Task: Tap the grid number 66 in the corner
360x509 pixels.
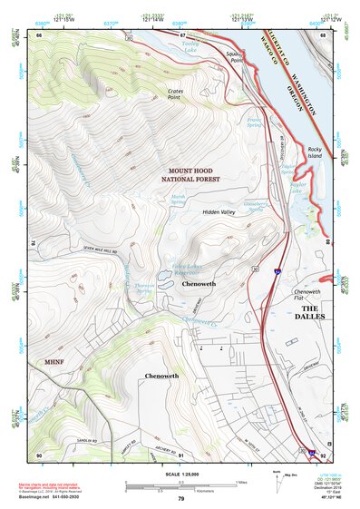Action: tap(39, 34)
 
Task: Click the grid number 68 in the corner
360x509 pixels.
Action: tap(322, 34)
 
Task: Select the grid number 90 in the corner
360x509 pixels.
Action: tap(39, 454)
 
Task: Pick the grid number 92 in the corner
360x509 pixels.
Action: tap(322, 454)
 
